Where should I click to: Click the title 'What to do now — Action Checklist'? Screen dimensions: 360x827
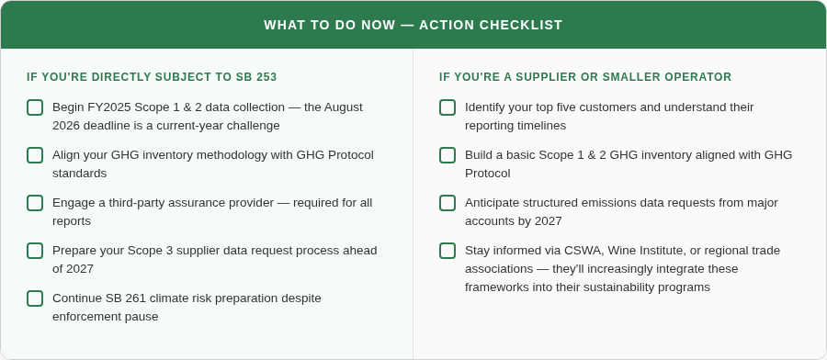pos(413,25)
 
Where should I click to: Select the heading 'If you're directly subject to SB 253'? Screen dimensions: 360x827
pos(152,77)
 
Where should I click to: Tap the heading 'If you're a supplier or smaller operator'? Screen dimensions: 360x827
pos(585,77)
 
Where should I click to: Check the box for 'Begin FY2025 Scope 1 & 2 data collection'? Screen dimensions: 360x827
pos(35,107)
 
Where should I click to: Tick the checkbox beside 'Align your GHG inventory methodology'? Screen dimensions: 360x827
pos(35,155)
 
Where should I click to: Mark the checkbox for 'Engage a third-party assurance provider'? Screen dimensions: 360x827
pos(35,203)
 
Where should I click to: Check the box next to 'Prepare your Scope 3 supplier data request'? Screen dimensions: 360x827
pos(35,251)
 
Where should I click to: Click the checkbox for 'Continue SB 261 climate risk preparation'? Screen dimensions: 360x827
pos(35,298)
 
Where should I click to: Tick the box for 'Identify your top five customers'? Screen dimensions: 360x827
pos(447,107)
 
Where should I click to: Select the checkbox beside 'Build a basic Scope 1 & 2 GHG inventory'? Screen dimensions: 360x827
pos(447,155)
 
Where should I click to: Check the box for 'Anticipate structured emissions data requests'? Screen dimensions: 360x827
pos(447,203)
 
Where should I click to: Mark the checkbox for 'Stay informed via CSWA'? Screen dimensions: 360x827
pos(447,251)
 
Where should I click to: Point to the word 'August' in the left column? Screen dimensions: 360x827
pos(343,107)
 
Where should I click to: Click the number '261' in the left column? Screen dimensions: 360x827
pos(143,298)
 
